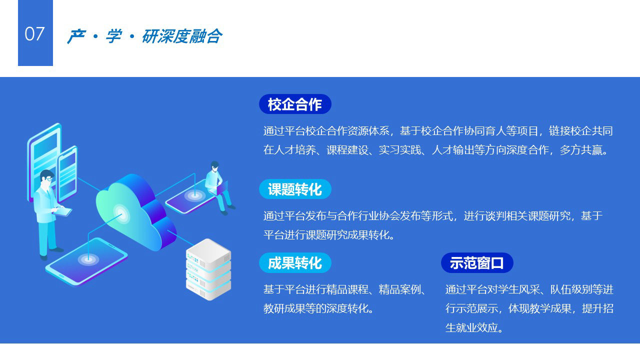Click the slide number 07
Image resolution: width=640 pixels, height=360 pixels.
(x=34, y=34)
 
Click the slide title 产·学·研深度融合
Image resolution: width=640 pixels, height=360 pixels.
(x=144, y=36)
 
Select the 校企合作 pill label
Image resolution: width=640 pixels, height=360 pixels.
(x=295, y=104)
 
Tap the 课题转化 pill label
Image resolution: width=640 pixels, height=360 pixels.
(x=295, y=189)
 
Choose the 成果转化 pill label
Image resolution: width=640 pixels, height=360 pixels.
(x=295, y=263)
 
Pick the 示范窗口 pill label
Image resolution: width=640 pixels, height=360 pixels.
(x=477, y=263)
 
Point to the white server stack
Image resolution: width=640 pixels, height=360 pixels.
(x=208, y=269)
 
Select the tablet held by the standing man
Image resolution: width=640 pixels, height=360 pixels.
(x=62, y=211)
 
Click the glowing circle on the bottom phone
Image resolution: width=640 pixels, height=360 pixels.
(x=88, y=259)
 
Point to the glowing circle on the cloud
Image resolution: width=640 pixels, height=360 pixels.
(x=121, y=213)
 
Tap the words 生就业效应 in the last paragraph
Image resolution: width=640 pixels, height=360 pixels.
(x=471, y=327)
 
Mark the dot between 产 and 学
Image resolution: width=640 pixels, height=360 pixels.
(x=95, y=36)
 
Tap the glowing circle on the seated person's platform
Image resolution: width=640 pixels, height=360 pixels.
(x=194, y=195)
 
